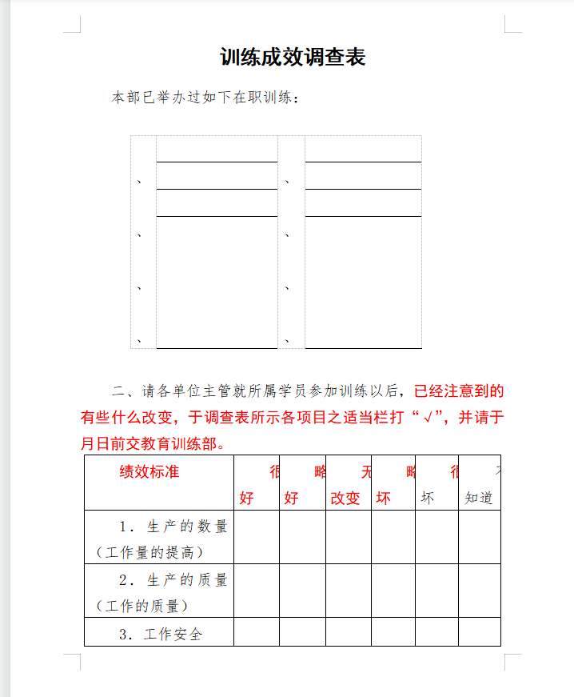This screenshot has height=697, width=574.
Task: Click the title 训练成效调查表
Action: point(293,58)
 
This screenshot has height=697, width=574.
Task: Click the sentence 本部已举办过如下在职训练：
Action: point(205,98)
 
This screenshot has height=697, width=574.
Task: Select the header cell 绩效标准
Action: point(149,471)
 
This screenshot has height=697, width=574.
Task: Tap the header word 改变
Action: point(346,498)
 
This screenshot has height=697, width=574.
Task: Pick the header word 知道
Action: point(479,498)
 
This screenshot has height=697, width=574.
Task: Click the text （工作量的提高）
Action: point(149,552)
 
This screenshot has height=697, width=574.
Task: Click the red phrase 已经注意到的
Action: point(459,391)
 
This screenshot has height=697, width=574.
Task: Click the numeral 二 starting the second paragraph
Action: point(118,391)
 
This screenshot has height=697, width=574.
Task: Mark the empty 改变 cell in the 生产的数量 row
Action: point(348,537)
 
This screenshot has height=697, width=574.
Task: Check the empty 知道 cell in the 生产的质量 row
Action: point(479,591)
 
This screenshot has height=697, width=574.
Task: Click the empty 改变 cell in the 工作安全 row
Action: point(348,631)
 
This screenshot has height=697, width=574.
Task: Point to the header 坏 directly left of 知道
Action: point(428,498)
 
